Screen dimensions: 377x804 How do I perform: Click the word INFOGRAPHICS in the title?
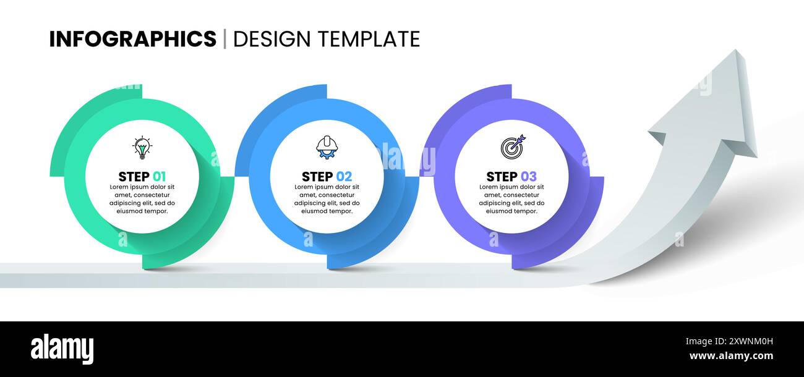point(132,39)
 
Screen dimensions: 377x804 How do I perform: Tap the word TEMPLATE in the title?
point(369,39)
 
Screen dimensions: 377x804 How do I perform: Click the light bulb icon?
point(142,148)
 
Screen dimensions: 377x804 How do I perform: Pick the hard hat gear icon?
point(327,148)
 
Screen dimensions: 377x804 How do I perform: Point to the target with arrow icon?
point(512,146)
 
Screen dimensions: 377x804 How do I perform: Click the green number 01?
point(159,176)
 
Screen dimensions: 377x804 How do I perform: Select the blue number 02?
point(344,176)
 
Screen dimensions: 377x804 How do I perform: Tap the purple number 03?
point(529,176)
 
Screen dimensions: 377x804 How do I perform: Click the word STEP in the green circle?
point(134,176)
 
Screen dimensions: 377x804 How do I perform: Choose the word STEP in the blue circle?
point(317,176)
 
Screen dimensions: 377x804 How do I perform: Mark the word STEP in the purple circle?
point(502,176)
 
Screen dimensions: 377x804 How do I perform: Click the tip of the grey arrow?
point(737,52)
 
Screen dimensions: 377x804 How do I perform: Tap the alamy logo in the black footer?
point(62,349)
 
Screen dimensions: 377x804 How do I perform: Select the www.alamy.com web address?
point(731,356)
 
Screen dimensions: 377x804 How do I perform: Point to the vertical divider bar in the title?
point(225,39)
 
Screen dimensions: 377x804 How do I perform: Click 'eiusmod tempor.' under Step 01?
point(142,211)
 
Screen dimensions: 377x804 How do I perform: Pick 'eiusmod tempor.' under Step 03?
point(511,211)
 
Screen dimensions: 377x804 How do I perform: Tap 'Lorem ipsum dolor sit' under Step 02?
point(327,187)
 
